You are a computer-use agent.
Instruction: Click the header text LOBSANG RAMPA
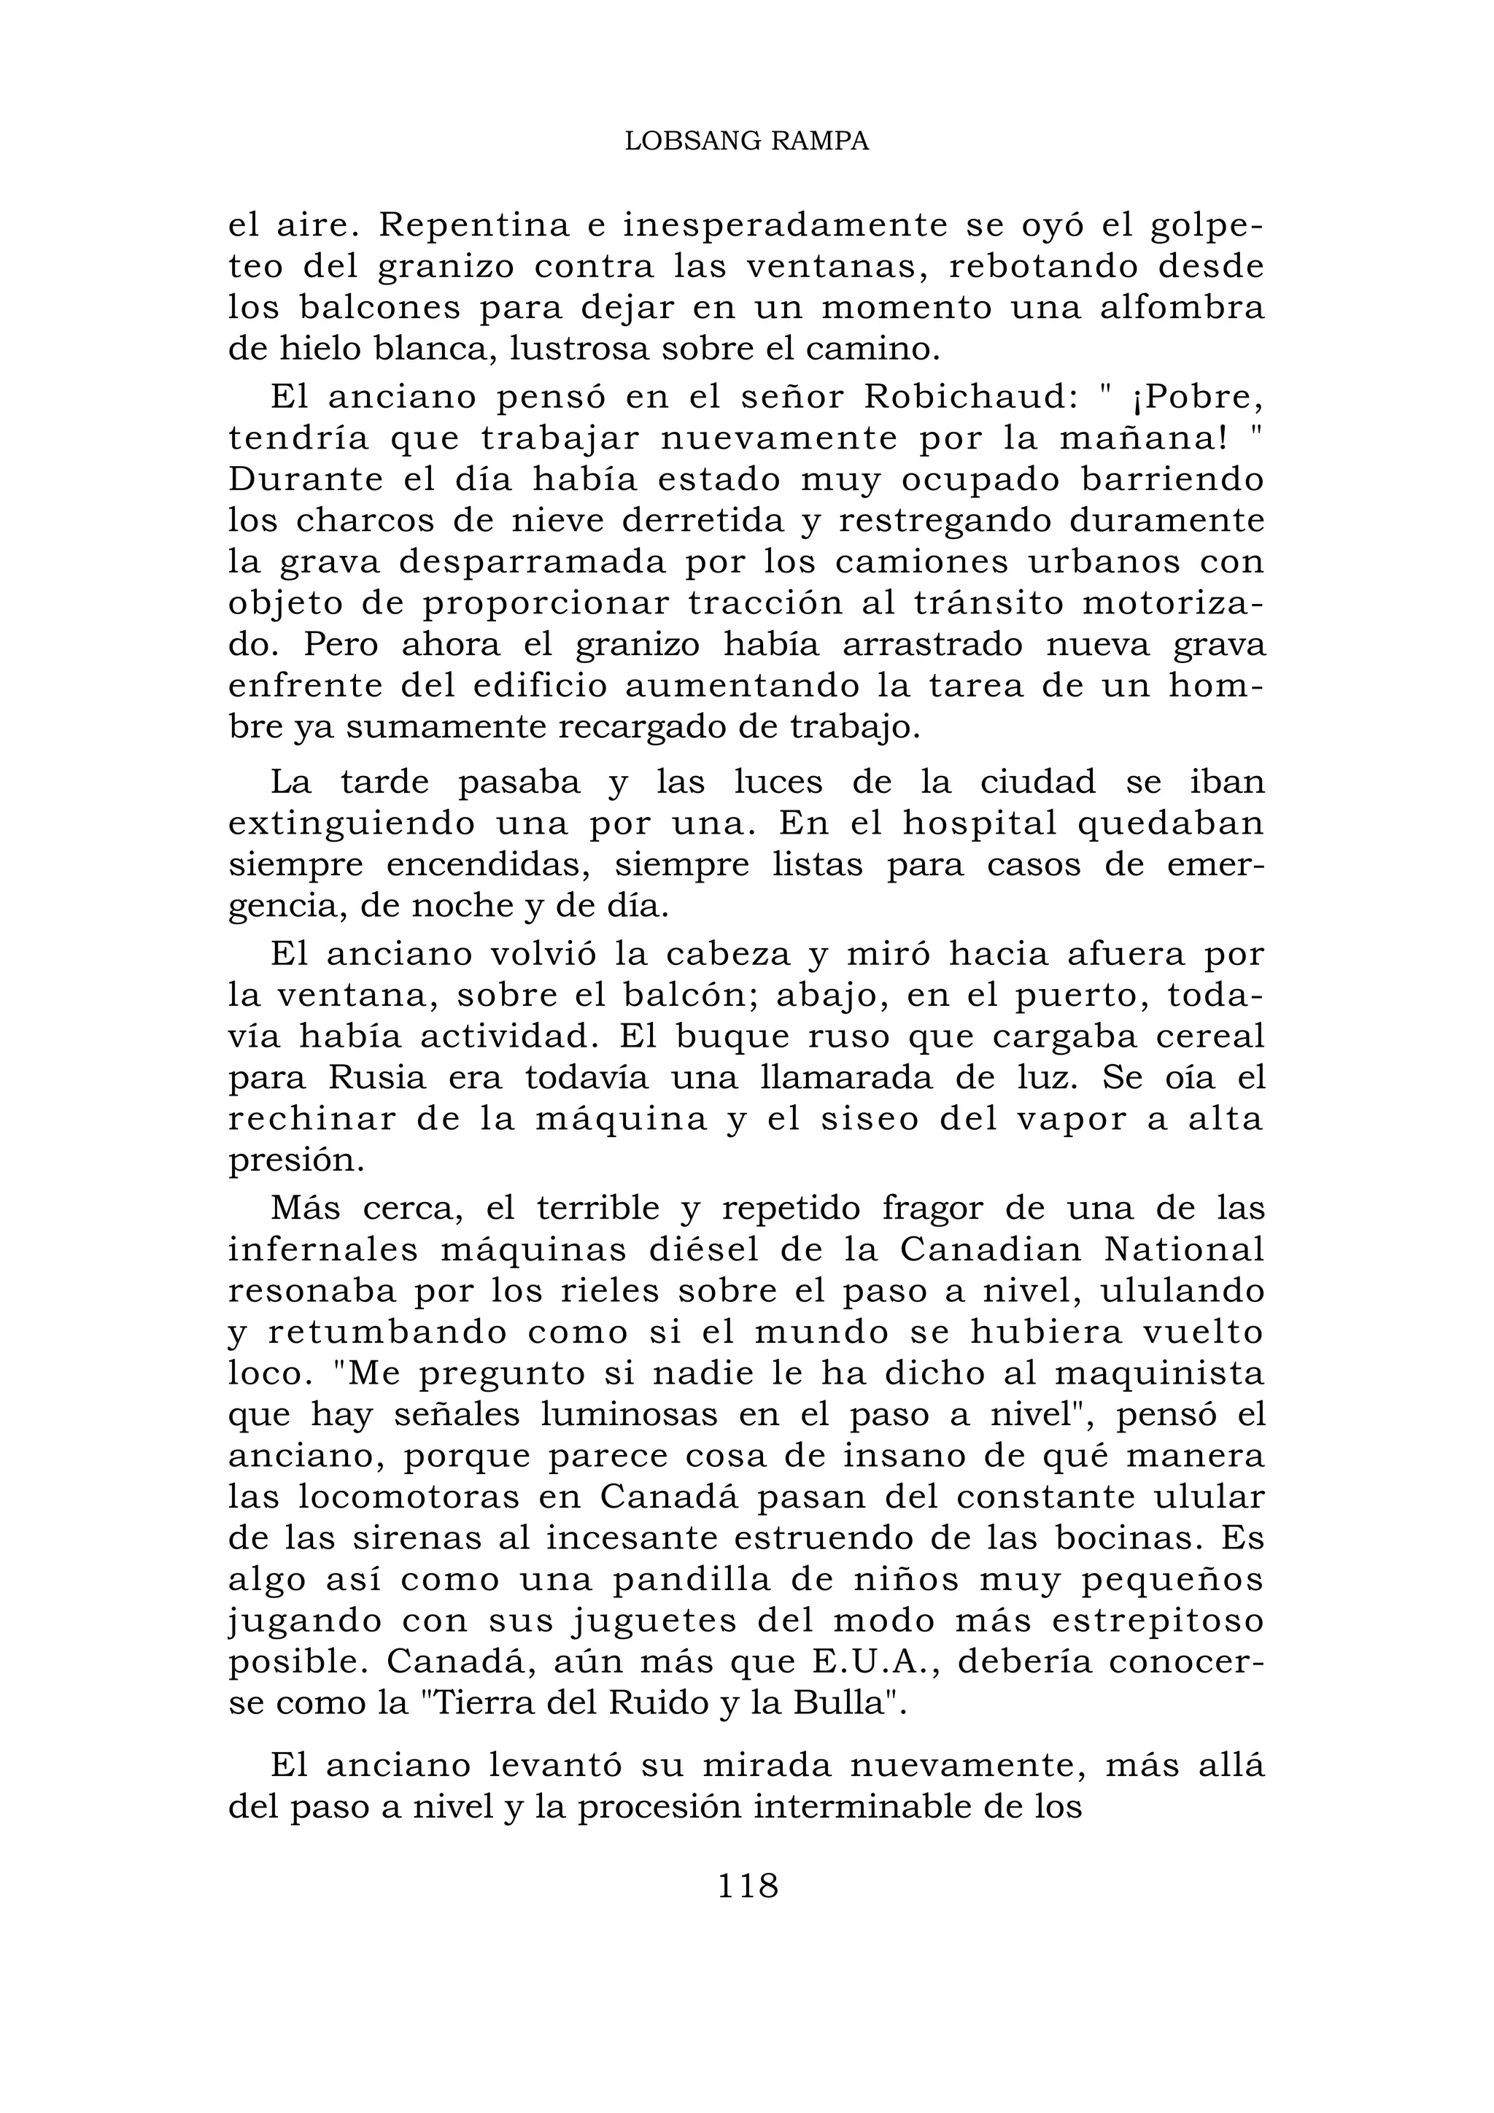pyautogui.click(x=746, y=141)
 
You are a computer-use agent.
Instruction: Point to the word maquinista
pyautogui.click(x=1160, y=1373)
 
